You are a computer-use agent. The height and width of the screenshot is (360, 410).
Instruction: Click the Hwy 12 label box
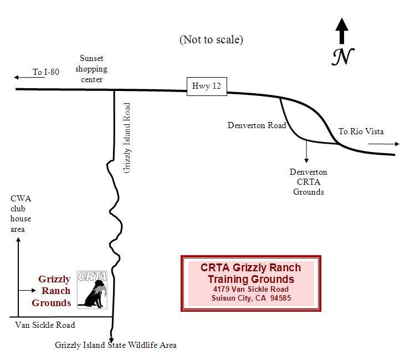207,86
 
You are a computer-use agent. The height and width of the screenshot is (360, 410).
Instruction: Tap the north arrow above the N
342,31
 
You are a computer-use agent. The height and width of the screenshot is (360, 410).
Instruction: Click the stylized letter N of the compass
343,56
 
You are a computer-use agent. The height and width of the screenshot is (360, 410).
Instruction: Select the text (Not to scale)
211,39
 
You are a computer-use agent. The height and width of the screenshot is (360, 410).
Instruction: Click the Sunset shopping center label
91,69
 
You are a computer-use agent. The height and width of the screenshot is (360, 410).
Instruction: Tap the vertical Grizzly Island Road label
127,138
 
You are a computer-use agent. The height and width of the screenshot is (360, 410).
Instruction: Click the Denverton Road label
257,125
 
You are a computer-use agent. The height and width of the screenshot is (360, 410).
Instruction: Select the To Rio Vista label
361,131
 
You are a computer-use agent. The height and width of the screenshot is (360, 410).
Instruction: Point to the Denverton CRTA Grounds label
308,182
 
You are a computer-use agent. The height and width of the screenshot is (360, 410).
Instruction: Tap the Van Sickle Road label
45,325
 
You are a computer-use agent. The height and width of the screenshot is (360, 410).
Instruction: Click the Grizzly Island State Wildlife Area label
116,345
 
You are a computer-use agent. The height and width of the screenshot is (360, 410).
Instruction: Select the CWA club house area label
21,214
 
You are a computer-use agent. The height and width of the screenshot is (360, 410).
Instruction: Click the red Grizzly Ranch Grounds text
53,291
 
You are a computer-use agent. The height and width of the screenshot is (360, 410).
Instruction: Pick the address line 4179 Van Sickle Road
250,289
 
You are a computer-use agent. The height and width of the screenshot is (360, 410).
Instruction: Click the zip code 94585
280,298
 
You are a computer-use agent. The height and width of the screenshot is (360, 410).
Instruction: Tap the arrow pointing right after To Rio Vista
383,144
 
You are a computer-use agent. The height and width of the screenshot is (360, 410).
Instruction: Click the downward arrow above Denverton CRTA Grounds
306,153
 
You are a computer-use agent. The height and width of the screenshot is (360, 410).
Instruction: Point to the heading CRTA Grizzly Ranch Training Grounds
250,273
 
